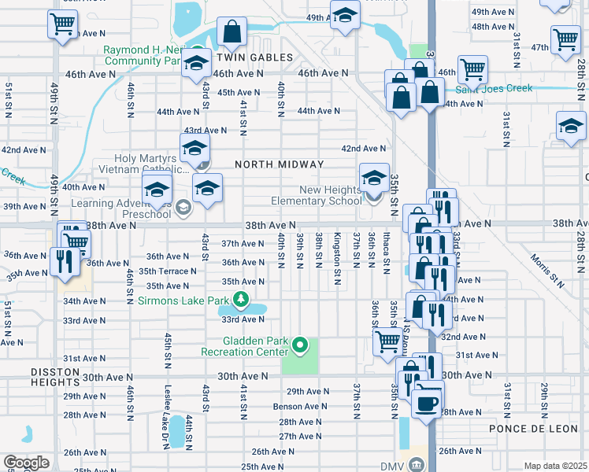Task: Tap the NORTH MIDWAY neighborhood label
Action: coord(279,164)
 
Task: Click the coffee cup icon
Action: coord(427,402)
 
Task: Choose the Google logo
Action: coord(25,463)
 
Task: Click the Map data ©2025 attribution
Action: coord(555,466)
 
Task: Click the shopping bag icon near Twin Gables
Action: coord(233,33)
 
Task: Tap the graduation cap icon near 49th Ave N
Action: coord(345,16)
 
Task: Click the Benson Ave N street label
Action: coord(300,407)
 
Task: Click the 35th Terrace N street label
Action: coord(168,271)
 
